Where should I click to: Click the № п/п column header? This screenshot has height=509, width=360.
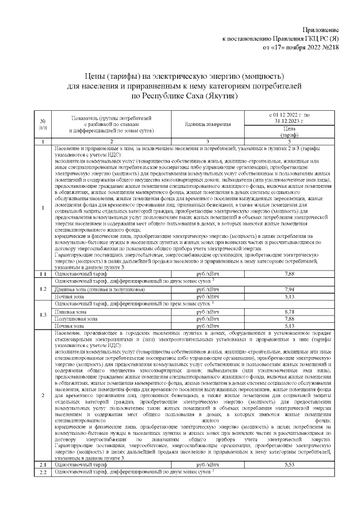click(43, 124)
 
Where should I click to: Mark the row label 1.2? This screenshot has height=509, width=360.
click(43, 289)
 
